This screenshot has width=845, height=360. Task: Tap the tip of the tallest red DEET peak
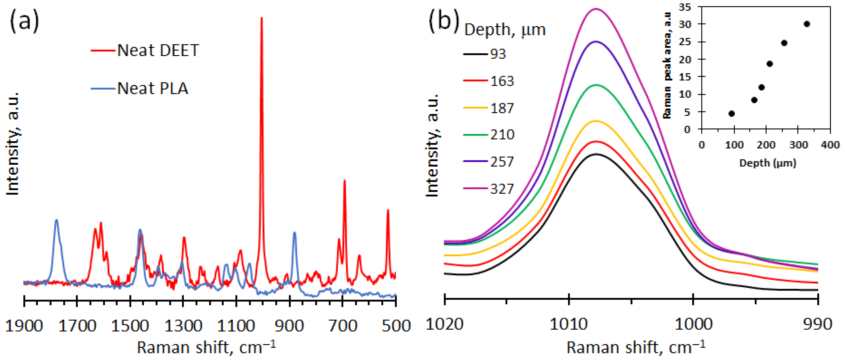262,18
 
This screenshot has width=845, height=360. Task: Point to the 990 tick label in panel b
818,324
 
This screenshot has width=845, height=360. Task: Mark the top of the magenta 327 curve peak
596,9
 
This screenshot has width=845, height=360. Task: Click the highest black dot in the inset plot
807,24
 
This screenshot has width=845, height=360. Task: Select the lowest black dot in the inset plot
731,113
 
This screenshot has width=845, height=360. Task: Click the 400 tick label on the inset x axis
830,145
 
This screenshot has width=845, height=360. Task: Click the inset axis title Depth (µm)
768,163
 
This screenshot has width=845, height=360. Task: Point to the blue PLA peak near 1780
56,220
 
